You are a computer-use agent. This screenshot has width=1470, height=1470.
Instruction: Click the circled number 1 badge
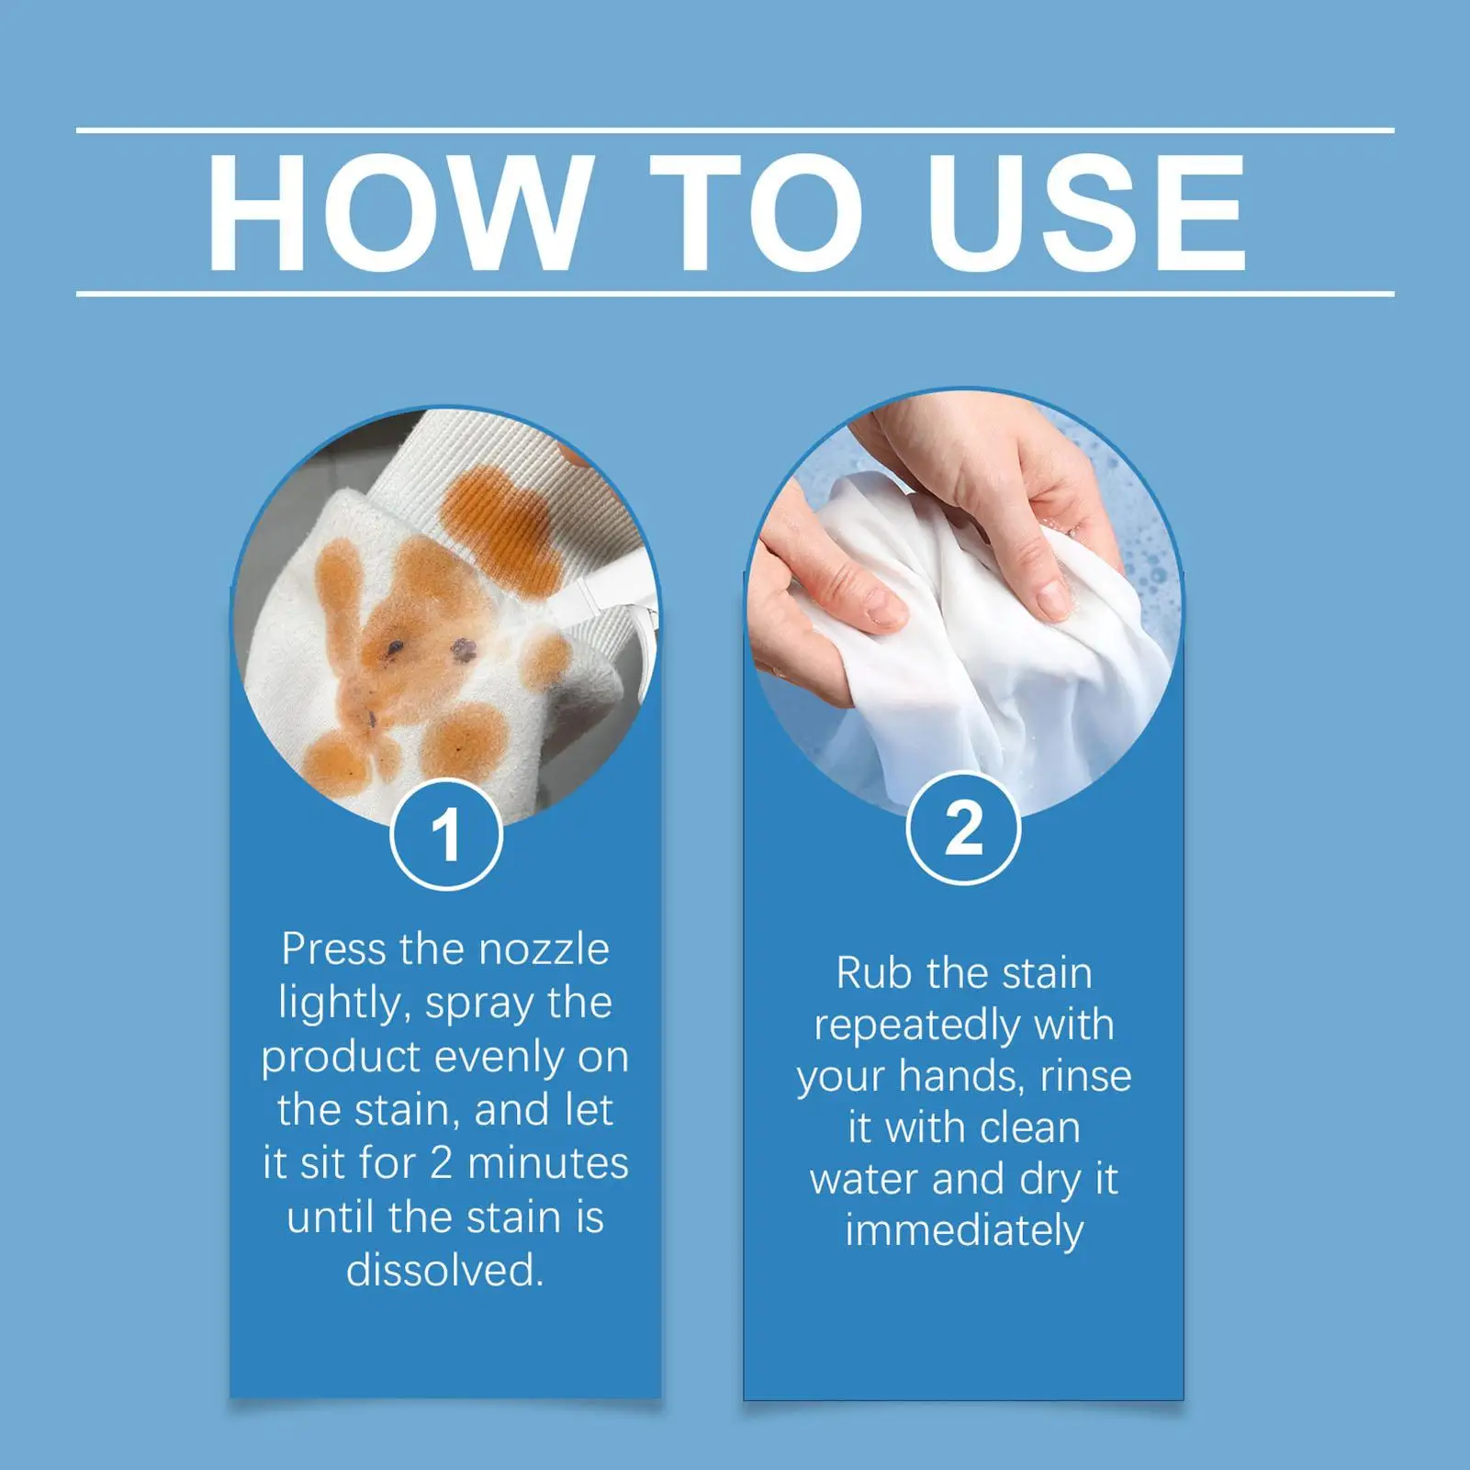tap(446, 835)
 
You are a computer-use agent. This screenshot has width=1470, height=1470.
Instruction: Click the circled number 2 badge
tap(963, 829)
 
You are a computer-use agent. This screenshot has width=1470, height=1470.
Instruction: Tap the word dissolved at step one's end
tap(445, 1271)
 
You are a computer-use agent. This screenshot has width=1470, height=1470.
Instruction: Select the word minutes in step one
tap(548, 1163)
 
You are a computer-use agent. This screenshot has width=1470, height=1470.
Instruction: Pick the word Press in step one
tap(335, 949)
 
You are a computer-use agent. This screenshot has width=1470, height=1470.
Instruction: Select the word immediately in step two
tap(964, 1232)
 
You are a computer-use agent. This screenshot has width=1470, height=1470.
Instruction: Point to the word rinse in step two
tap(1085, 1076)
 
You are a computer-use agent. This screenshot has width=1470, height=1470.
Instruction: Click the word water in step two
tap(863, 1180)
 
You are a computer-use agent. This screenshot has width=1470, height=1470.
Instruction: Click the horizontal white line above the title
tap(735, 131)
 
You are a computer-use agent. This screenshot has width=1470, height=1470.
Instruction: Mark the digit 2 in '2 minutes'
tap(441, 1163)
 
